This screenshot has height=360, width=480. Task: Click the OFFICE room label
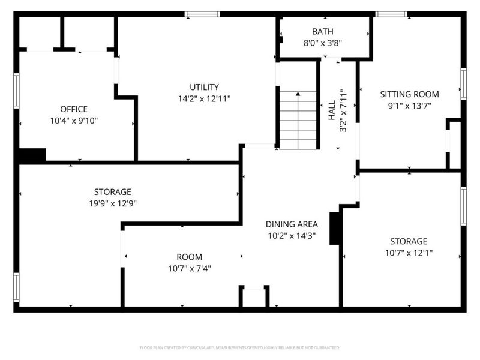tap(74, 109)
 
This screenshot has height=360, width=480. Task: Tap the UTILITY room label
tap(205, 87)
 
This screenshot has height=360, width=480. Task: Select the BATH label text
tap(323, 31)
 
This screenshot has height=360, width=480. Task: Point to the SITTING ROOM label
tap(410, 94)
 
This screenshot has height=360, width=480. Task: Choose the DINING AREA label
tap(292, 224)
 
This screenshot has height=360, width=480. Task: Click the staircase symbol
tap(298, 120)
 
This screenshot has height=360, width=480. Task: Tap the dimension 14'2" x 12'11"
tap(205, 98)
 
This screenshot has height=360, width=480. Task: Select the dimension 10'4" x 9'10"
tap(74, 121)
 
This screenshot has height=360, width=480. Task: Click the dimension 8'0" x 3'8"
tap(323, 43)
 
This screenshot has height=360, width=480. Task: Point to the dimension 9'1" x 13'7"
tap(410, 106)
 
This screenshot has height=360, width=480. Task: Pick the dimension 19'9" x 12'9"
tap(112, 203)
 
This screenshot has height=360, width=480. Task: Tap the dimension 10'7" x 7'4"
tap(189, 268)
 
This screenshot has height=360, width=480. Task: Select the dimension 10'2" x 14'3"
tap(292, 236)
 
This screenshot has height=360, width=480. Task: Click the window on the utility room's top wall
tap(202, 14)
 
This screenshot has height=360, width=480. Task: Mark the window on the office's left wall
tap(17, 91)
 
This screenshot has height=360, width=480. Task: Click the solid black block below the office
tap(32, 155)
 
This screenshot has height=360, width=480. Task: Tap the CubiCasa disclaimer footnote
tap(240, 348)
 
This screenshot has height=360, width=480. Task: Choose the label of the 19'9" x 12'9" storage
tap(112, 192)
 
